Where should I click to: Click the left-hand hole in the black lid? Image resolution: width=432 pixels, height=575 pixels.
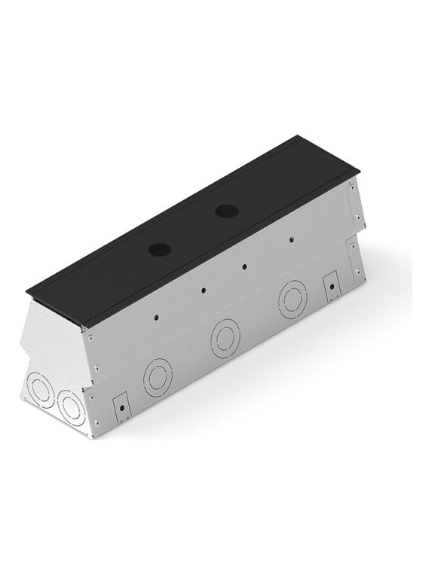pyautogui.click(x=160, y=248)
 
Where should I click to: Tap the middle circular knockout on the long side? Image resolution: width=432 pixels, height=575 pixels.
pyautogui.click(x=225, y=338)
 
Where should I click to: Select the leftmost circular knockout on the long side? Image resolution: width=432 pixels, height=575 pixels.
pyautogui.click(x=158, y=376)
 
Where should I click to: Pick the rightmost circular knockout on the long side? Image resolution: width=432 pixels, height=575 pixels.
pyautogui.click(x=293, y=299)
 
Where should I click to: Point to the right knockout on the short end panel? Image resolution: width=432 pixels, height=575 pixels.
pyautogui.click(x=72, y=407)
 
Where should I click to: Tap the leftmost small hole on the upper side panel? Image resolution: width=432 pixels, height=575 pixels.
pyautogui.click(x=156, y=317)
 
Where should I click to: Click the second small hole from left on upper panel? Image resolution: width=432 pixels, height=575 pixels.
pyautogui.click(x=203, y=290)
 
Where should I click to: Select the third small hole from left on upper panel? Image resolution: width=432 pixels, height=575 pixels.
pyautogui.click(x=245, y=266)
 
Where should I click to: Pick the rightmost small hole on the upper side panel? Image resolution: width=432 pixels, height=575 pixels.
pyautogui.click(x=290, y=240)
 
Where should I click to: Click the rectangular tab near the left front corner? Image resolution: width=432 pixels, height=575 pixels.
pyautogui.click(x=120, y=407)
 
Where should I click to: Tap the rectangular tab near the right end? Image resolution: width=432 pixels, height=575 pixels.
pyautogui.click(x=330, y=287)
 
